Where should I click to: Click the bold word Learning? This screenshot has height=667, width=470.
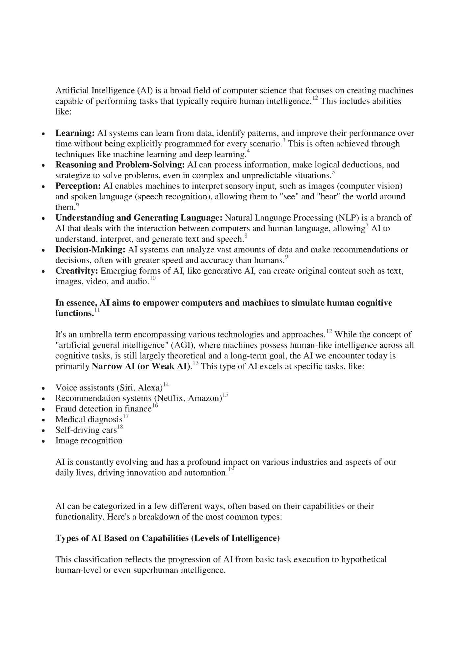(75, 133)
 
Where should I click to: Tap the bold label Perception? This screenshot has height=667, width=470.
(78, 186)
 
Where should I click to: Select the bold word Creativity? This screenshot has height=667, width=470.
(77, 271)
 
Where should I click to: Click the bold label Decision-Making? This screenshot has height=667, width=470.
(90, 250)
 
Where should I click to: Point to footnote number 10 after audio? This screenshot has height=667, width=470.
(153, 278)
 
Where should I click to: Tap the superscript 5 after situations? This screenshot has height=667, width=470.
(333, 172)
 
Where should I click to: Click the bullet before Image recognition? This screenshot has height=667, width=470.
(43, 441)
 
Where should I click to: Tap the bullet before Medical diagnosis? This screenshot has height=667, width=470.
(43, 420)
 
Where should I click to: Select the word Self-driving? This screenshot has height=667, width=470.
(76, 430)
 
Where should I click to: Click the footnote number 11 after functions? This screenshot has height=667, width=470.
(97, 310)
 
